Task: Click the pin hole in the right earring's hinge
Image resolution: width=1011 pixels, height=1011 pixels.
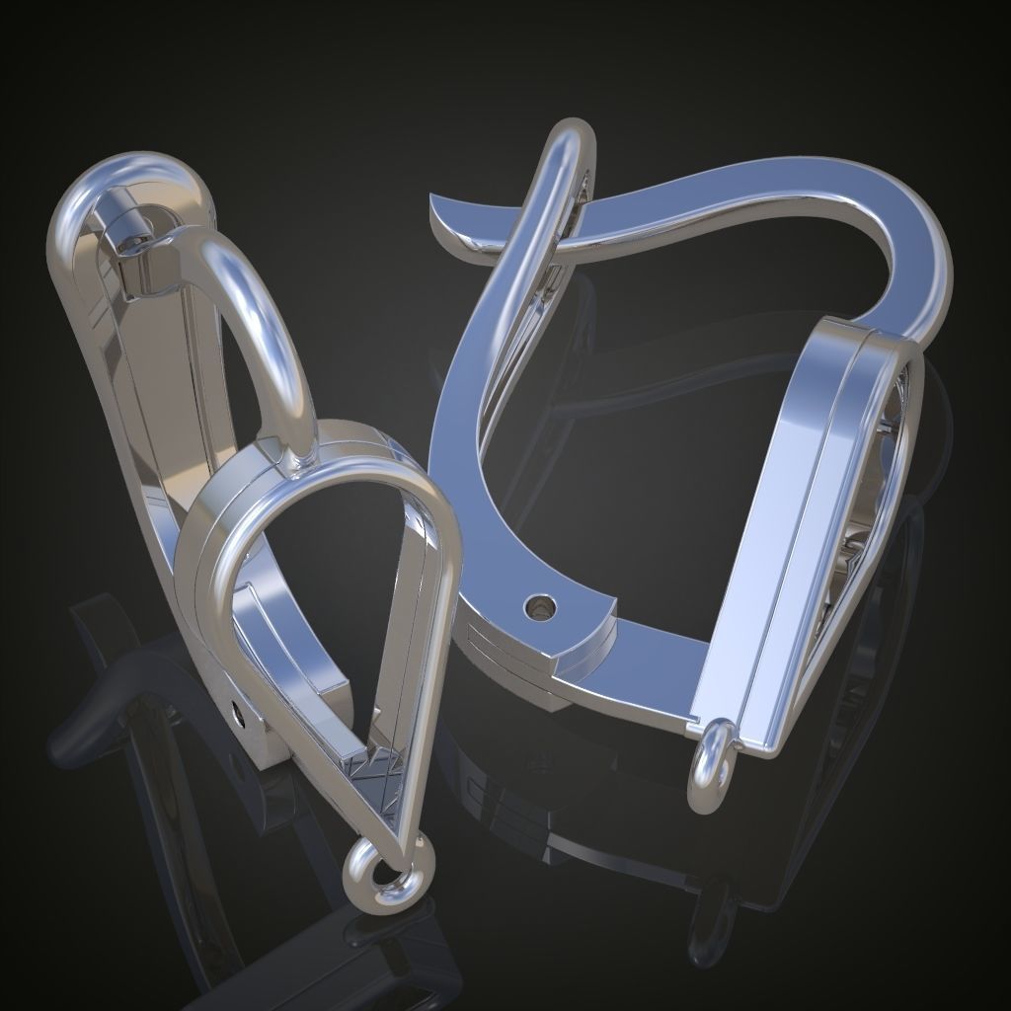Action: click(539, 603)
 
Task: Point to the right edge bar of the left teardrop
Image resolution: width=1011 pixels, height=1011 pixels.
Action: click(434, 642)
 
